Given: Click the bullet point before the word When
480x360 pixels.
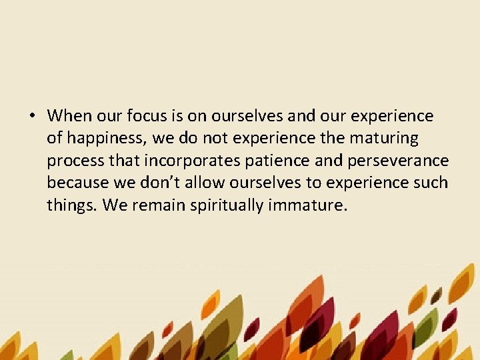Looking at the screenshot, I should [x=32, y=117].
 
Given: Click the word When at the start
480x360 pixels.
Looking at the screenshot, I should [x=70, y=116].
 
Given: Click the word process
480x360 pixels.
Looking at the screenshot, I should [x=74, y=161].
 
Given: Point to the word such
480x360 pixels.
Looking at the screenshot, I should [x=432, y=182].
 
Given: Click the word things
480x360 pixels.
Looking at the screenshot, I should [x=73, y=205].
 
